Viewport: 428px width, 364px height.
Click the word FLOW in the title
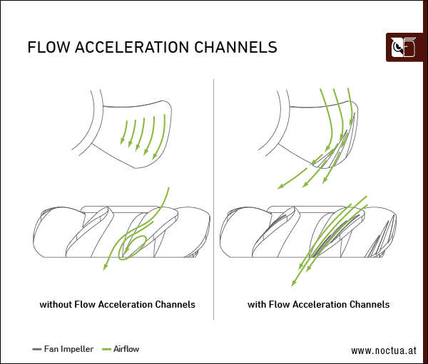(49, 48)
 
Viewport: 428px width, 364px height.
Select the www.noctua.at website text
(383, 350)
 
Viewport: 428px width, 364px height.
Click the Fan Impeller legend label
(68, 349)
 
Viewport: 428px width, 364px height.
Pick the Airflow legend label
(126, 349)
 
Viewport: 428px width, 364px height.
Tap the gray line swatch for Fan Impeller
(37, 349)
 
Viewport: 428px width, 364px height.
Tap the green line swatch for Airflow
(107, 349)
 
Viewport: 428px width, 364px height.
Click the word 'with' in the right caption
(258, 304)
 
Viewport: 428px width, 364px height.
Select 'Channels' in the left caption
(175, 304)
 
